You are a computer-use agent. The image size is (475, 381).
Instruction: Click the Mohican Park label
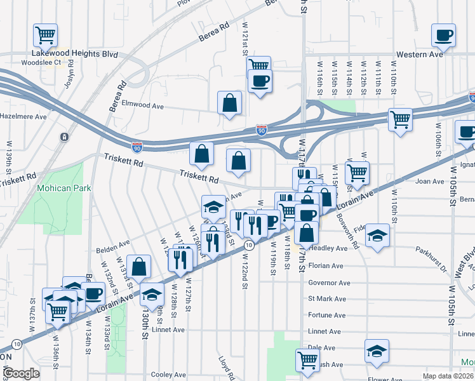point(64,188)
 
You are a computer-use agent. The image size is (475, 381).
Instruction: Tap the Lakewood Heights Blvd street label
point(76,55)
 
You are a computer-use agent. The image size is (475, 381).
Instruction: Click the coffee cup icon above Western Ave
point(443,35)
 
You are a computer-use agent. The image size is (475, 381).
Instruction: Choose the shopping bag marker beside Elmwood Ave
point(229,103)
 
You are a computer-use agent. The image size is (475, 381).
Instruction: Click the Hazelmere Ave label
point(23,117)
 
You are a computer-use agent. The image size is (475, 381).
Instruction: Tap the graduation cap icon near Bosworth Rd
point(378,236)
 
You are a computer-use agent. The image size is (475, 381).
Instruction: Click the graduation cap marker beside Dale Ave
point(377,351)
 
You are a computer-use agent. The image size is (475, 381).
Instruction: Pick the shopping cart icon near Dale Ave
point(308,360)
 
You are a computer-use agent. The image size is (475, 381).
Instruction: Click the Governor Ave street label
point(329,283)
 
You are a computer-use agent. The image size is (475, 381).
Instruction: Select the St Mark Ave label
point(327,298)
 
